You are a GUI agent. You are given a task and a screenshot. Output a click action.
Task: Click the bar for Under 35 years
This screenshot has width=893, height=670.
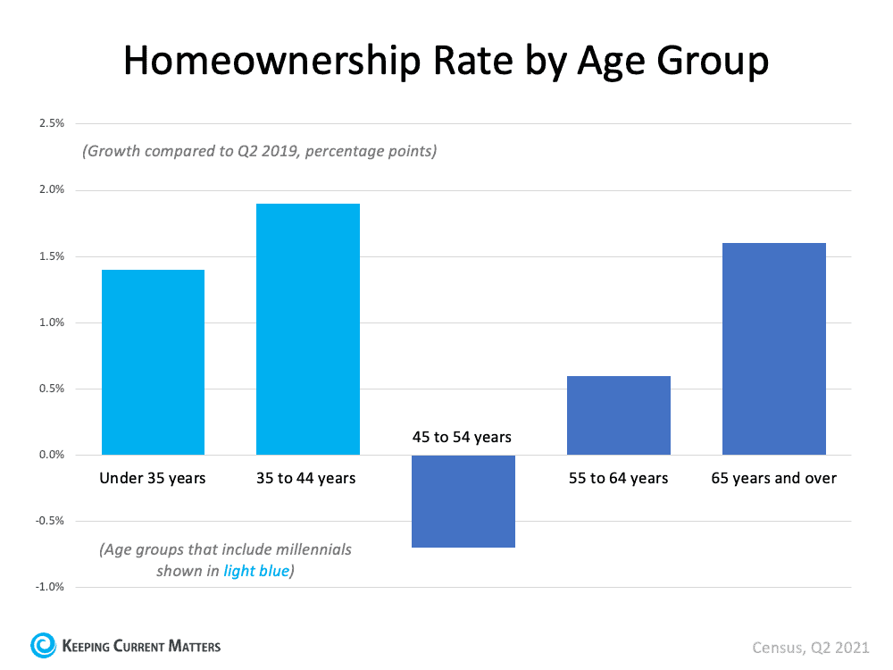[x=153, y=362]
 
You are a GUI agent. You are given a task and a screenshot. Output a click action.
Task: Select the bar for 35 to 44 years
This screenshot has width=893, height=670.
[x=308, y=329]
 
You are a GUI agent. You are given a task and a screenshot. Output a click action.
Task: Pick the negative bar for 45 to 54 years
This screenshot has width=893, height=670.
[x=463, y=501]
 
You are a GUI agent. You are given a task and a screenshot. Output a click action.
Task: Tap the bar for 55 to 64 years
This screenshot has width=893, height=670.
[x=619, y=415]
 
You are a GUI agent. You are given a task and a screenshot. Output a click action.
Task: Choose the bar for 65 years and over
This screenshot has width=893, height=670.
[x=774, y=348]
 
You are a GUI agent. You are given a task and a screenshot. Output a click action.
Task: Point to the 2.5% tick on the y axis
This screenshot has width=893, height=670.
[x=52, y=123]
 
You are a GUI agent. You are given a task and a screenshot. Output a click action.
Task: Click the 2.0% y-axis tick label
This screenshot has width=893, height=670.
[x=52, y=189]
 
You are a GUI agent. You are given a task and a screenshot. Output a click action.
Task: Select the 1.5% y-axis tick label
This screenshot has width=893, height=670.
[x=52, y=256]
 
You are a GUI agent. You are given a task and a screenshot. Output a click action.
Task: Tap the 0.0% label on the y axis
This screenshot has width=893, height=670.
[x=52, y=455]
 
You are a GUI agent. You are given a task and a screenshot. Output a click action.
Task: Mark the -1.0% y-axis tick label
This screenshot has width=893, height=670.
[x=50, y=587]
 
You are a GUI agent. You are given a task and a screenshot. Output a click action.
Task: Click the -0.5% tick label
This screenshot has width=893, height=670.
[x=50, y=521]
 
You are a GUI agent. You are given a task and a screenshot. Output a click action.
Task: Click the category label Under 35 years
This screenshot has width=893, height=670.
[x=153, y=478]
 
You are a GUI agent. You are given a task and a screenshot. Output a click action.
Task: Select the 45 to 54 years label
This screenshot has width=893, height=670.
[x=463, y=438]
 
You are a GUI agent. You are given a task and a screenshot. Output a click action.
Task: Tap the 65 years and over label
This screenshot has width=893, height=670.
[x=774, y=478]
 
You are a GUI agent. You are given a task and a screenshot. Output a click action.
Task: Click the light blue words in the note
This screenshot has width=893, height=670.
[x=256, y=571]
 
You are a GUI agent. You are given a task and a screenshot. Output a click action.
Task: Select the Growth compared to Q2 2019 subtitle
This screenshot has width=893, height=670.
[x=259, y=151]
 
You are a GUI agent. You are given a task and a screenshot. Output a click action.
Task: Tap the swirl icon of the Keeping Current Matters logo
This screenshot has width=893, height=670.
[x=42, y=644]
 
